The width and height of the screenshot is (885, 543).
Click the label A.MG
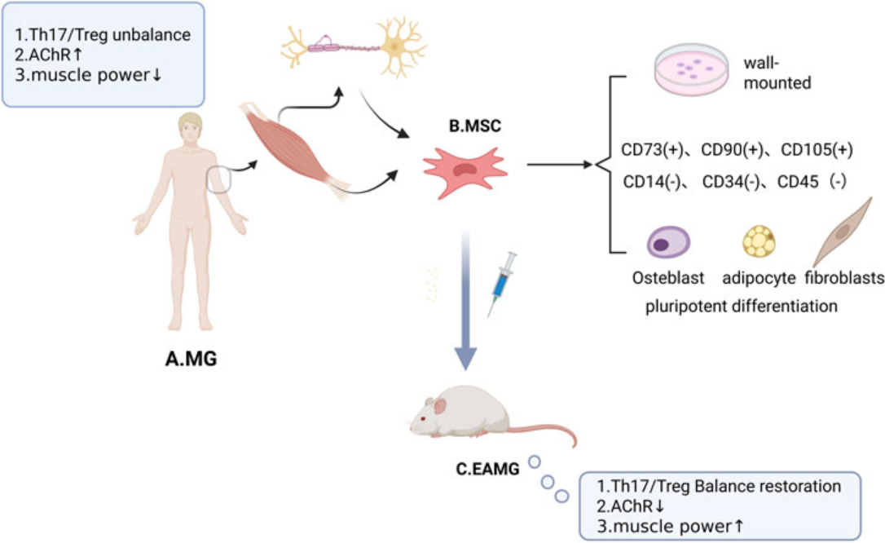[186, 358]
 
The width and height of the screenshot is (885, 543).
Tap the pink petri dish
[690, 71]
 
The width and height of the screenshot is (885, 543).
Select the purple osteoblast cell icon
[668, 243]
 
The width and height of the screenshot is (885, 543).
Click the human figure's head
[190, 128]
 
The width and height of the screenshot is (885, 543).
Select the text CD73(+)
[653, 150]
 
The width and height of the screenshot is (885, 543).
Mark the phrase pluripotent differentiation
[741, 307]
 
